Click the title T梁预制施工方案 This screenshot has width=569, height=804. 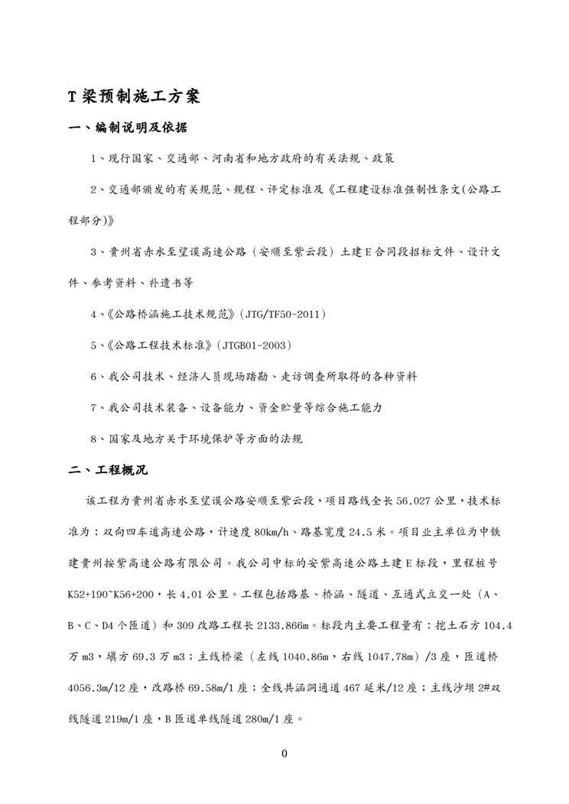pyautogui.click(x=134, y=97)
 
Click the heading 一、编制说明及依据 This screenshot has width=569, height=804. pyautogui.click(x=128, y=128)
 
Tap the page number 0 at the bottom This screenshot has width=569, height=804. pyautogui.click(x=284, y=754)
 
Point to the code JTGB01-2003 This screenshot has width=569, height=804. pyautogui.click(x=254, y=345)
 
